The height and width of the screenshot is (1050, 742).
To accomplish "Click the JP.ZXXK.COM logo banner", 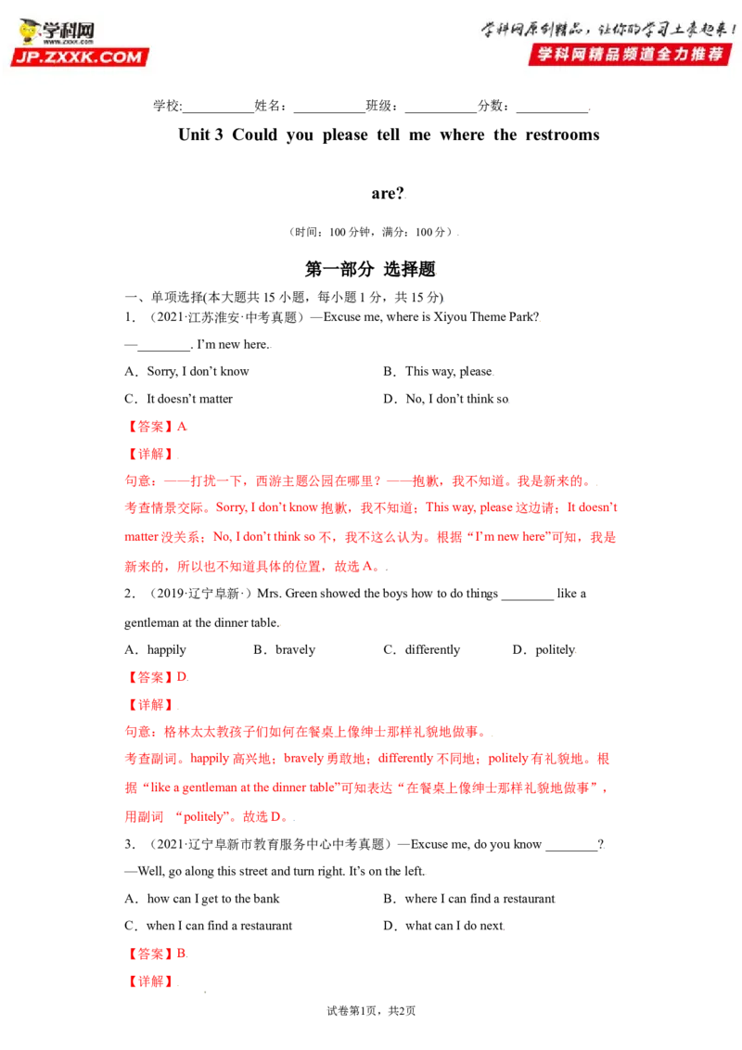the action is point(79,57).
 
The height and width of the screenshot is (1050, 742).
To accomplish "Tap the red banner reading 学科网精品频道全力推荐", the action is point(630,54).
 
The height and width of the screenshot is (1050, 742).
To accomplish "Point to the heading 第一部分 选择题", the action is point(370,269).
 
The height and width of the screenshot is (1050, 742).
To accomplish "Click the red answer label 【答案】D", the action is point(157,677).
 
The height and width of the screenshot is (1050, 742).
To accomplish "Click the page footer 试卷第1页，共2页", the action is point(371,1010).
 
